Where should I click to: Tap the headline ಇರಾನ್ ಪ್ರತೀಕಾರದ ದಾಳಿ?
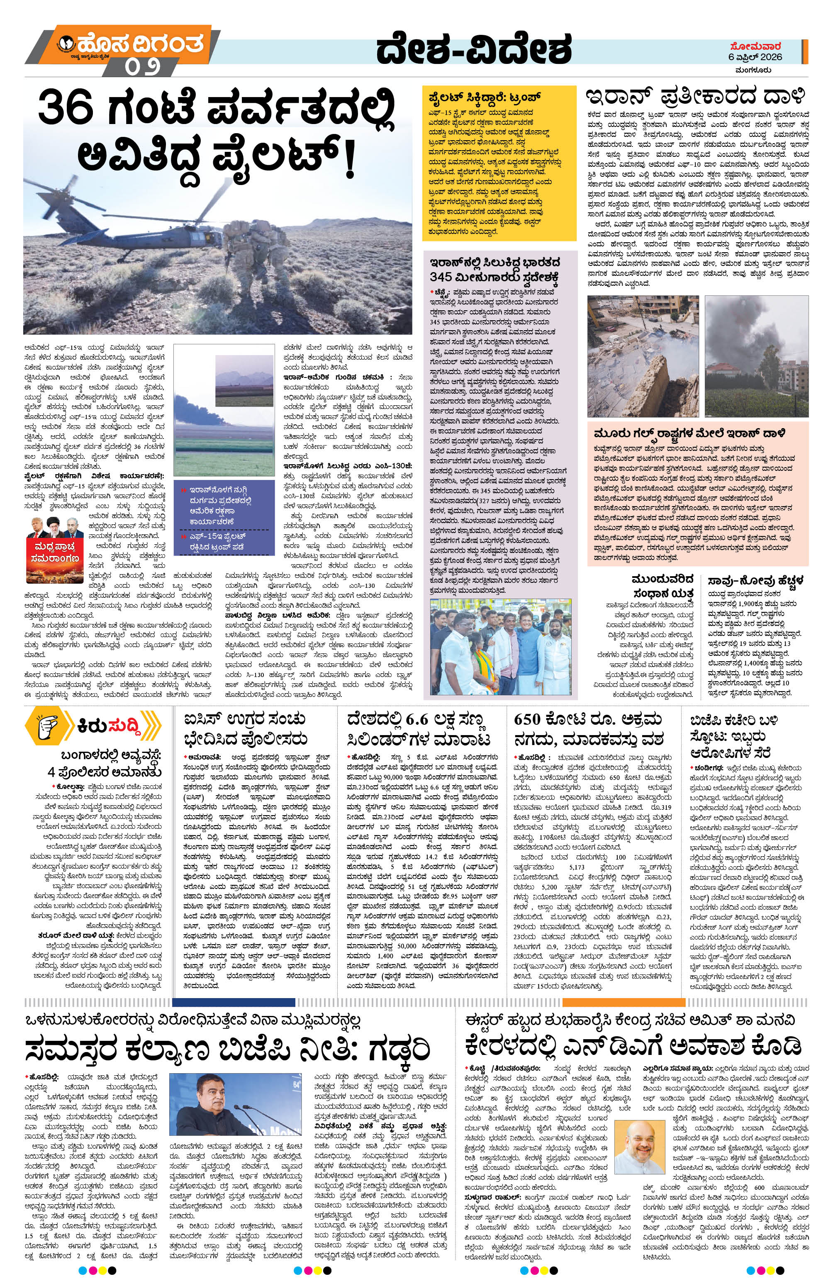tap(697, 97)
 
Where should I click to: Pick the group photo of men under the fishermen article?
tap(500, 646)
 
